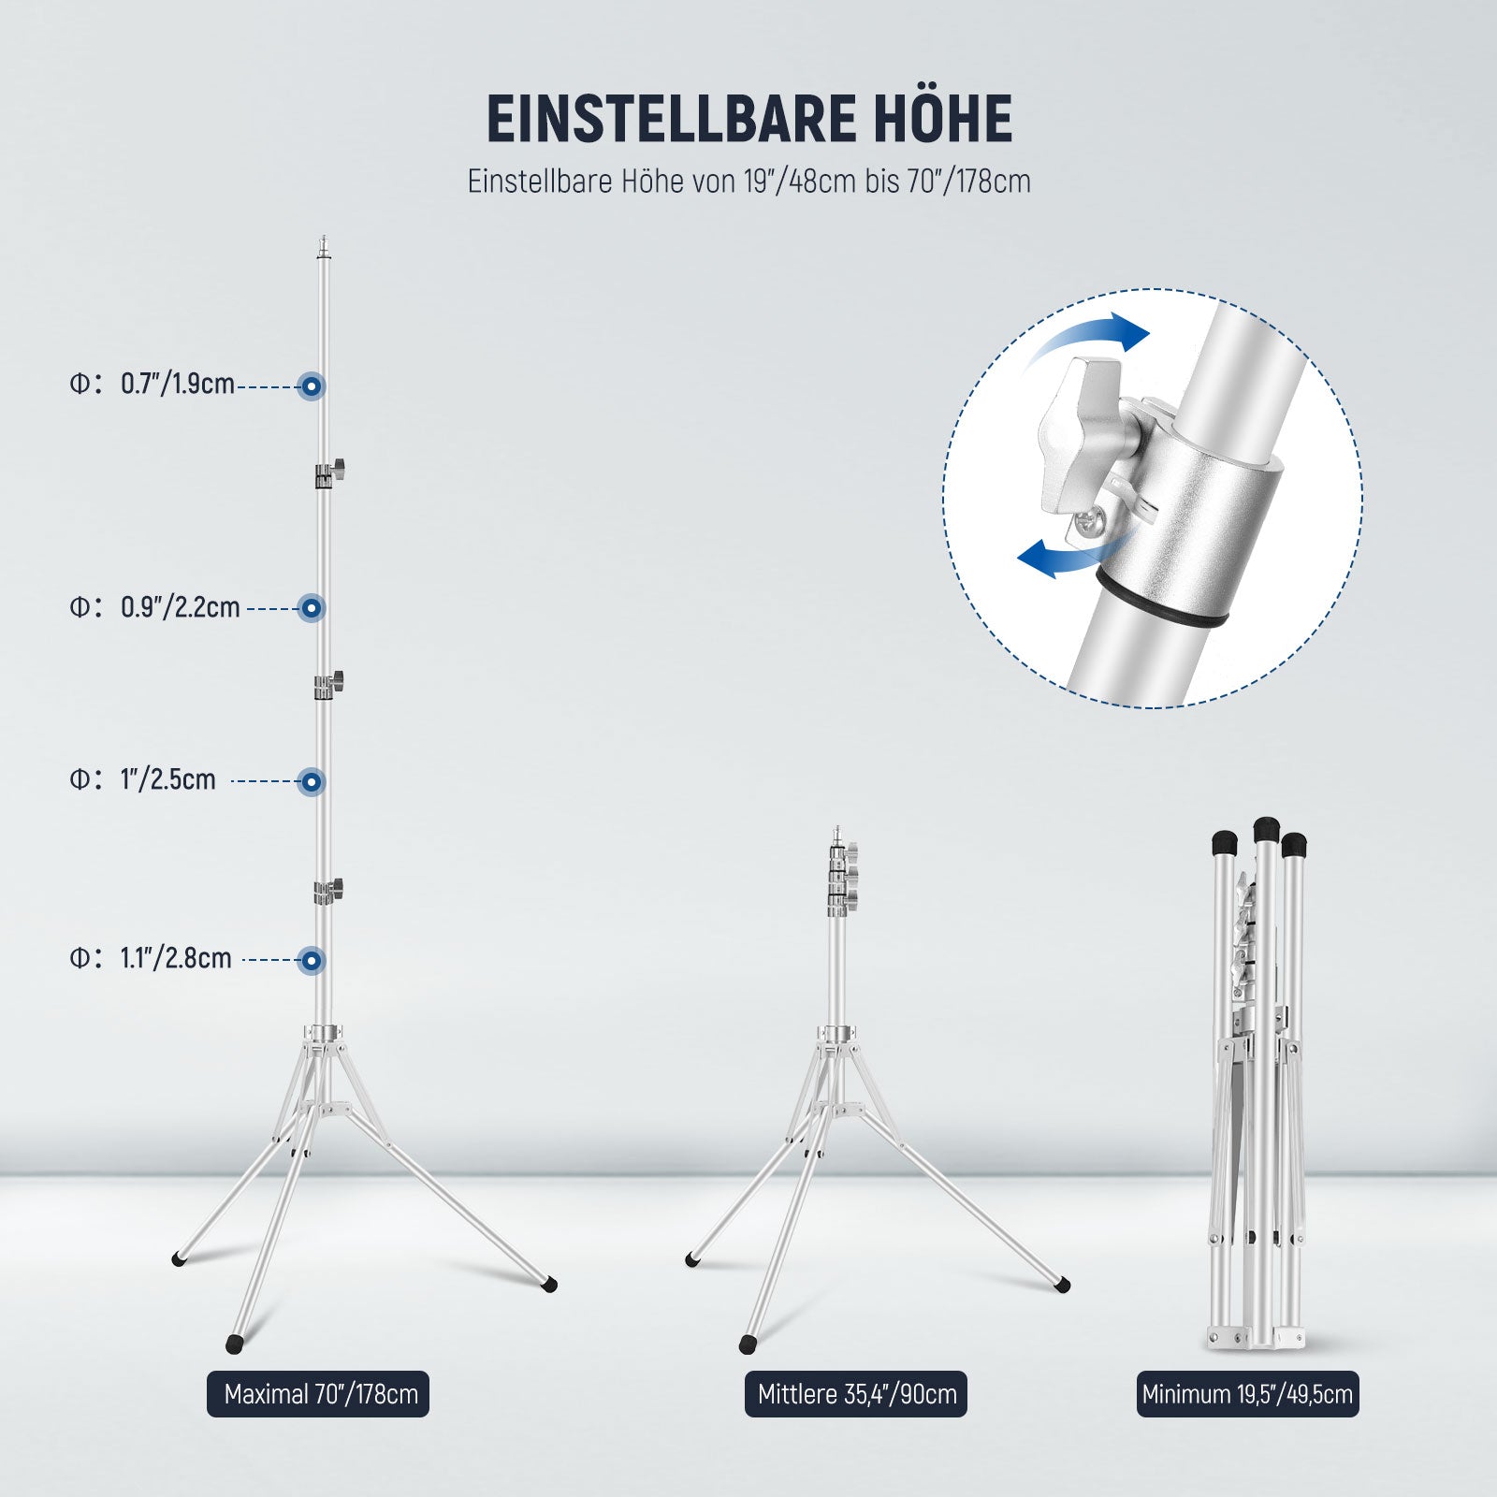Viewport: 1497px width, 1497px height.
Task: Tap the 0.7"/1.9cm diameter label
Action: point(178,384)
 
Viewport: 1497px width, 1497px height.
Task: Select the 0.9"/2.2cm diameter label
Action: point(181,607)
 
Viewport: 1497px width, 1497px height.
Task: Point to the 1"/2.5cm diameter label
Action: point(168,779)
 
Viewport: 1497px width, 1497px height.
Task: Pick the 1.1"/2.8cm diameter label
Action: point(176,958)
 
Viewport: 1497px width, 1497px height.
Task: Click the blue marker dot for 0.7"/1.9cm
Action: point(312,385)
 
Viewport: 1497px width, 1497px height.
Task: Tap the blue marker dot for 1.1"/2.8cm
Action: point(312,960)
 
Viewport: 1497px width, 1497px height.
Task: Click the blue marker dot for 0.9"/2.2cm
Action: point(312,608)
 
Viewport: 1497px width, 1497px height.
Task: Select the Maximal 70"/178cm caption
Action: point(318,1394)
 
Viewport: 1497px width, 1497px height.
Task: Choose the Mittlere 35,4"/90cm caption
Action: point(856,1394)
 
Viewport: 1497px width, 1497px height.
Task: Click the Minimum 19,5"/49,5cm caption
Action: point(1247,1394)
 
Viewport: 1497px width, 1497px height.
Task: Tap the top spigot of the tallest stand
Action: point(324,247)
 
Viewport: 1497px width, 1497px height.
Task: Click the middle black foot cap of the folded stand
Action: point(1266,829)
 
